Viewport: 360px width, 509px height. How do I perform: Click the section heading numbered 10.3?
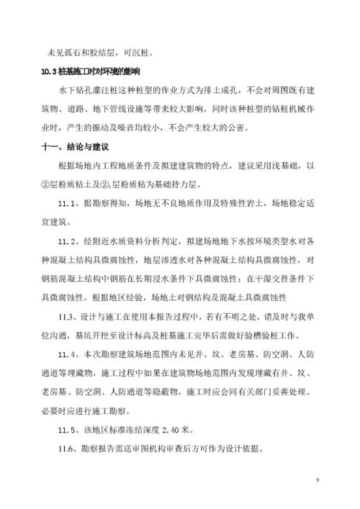click(91, 73)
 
